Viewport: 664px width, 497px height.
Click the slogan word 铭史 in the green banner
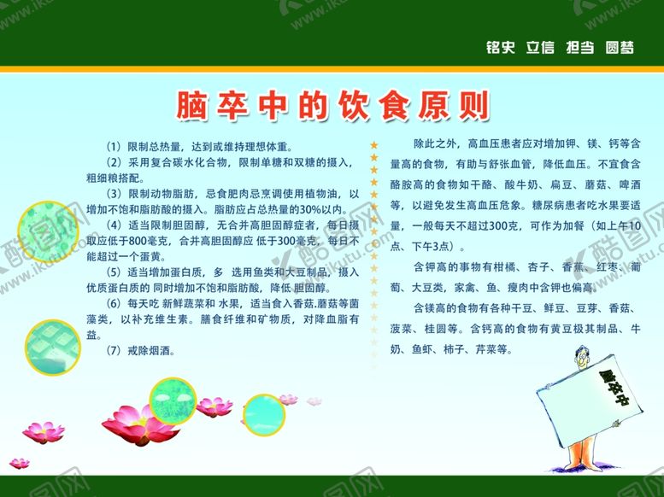coord(500,48)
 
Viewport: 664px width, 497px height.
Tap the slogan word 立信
coord(539,48)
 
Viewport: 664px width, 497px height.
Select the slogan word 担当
coord(579,48)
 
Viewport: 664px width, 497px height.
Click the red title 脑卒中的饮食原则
coord(332,105)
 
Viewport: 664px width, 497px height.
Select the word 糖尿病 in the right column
coord(549,206)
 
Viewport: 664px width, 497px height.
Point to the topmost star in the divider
coord(373,146)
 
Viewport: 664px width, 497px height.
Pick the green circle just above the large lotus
coord(174,400)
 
